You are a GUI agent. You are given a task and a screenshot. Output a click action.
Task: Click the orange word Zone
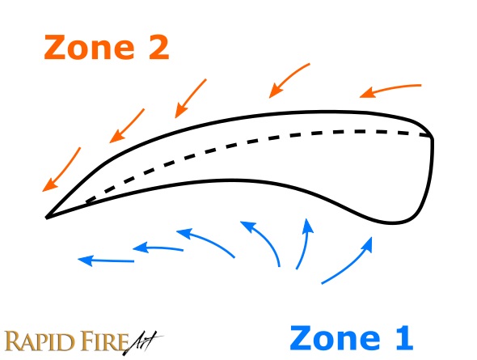pos(89,47)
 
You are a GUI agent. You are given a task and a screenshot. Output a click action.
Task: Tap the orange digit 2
pos(155,47)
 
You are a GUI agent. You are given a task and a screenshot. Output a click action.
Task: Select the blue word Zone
pos(335,338)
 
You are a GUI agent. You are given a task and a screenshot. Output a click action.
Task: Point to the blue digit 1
pos(402,338)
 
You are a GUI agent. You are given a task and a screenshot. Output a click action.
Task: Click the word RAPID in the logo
pos(40,341)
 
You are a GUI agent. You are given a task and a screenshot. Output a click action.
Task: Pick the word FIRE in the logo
pos(104,341)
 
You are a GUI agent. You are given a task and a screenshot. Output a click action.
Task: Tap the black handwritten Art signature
pos(143,342)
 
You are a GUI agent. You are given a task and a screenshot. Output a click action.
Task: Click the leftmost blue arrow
pos(106,260)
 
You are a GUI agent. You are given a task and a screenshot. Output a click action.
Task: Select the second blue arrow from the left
pos(158,248)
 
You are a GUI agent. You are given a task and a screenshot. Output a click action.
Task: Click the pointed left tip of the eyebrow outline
pos(46,218)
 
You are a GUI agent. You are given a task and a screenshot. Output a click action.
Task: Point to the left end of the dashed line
pos(88,201)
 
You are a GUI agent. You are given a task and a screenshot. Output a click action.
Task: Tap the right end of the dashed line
pos(429,136)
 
